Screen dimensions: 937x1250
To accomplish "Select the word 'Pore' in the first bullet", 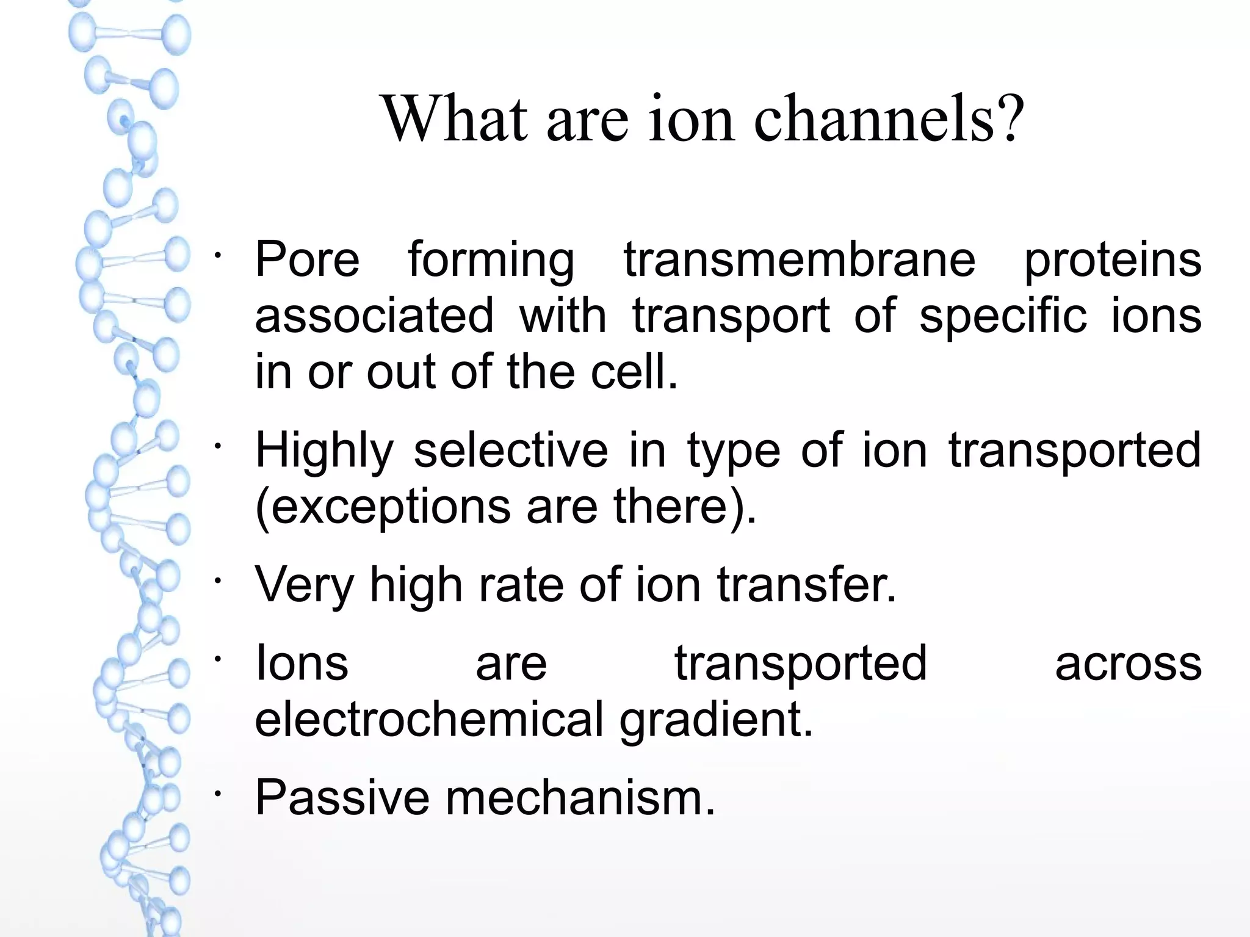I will [x=307, y=259].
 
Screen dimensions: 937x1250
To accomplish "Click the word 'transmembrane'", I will [x=800, y=259].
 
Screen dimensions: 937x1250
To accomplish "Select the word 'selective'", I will [x=511, y=450].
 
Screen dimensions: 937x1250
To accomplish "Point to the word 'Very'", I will [x=305, y=585].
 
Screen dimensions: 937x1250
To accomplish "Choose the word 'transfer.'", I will [x=806, y=584].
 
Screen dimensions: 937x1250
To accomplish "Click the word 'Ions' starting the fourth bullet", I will [x=302, y=664].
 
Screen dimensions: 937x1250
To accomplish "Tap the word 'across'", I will [x=1128, y=664].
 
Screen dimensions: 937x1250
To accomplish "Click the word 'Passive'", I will [x=342, y=797].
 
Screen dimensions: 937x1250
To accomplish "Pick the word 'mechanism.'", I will [x=580, y=797].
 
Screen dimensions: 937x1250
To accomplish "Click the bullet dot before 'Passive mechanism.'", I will [x=218, y=793].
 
